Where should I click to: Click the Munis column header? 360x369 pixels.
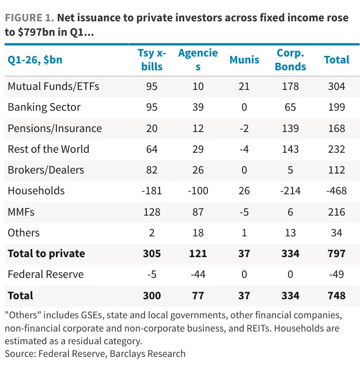(x=244, y=60)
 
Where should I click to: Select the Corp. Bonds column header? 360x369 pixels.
(x=290, y=60)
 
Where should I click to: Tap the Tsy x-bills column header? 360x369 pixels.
(x=152, y=60)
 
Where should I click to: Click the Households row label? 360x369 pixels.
(x=36, y=191)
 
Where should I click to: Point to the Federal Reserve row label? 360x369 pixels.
(x=46, y=274)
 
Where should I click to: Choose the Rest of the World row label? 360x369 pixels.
(x=48, y=149)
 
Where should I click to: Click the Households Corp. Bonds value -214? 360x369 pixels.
(x=290, y=191)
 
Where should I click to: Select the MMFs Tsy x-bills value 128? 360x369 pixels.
(x=152, y=212)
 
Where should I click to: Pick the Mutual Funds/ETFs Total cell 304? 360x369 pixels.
(x=336, y=86)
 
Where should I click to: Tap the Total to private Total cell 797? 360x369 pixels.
(x=336, y=254)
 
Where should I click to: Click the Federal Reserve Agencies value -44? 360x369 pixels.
(x=198, y=274)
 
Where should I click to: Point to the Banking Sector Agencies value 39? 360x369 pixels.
(x=198, y=107)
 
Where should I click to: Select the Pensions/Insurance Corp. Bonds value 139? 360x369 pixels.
(x=290, y=129)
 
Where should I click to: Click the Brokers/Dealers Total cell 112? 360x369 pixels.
(x=336, y=170)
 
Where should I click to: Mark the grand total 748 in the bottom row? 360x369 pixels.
(x=336, y=296)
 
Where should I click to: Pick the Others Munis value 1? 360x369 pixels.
(x=244, y=233)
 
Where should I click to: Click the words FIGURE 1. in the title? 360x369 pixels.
(x=29, y=18)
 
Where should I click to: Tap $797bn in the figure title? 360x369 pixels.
(x=36, y=32)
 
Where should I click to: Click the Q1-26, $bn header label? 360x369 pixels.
(x=35, y=60)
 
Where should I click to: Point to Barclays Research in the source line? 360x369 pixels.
(x=147, y=353)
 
